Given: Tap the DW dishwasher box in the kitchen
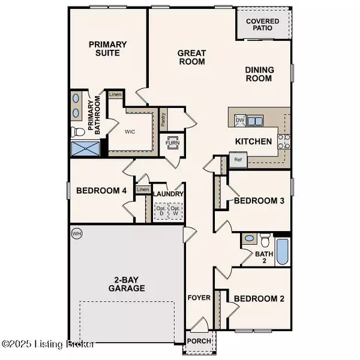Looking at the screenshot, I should [x=240, y=121].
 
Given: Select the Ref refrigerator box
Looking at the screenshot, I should [x=238, y=160].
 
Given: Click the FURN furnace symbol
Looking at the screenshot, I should [x=173, y=144].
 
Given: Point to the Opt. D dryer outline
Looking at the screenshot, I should [x=160, y=211].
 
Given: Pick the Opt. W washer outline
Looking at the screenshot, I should [x=176, y=211].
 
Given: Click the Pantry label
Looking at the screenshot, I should [x=163, y=119].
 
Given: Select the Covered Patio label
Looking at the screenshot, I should [x=263, y=23].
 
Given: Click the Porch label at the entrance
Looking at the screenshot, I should [x=199, y=341].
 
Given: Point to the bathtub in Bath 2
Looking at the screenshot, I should [x=283, y=253].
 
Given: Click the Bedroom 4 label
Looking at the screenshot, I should [x=101, y=191].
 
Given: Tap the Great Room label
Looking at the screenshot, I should [x=191, y=57].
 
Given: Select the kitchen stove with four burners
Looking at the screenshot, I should [x=284, y=142].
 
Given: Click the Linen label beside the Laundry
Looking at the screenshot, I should [x=142, y=190].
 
